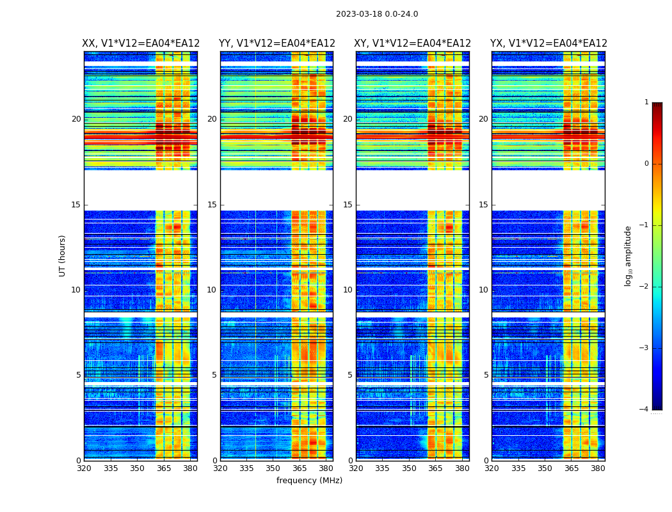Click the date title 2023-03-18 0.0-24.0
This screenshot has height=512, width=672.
pos(377,14)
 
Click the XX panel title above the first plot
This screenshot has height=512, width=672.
pos(141,44)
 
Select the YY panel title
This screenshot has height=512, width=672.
pos(276,44)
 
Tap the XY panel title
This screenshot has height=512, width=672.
pos(413,44)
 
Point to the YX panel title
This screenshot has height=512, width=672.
pos(548,44)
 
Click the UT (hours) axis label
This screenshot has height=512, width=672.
pos(63,255)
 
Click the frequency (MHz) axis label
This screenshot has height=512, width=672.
pos(309,481)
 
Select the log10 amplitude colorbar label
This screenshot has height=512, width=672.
pos(628,255)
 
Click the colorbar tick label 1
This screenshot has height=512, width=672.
pos(646,102)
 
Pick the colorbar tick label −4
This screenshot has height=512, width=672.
pos(644,410)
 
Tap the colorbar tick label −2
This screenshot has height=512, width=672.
pos(644,287)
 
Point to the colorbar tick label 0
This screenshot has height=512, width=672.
pos(646,164)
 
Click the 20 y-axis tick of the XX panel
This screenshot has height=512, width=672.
pos(76,119)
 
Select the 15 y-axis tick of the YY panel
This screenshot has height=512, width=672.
pos(212,205)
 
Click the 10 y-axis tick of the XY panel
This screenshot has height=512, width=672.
pos(348,290)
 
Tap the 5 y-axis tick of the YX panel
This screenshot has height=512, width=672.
pos(486,375)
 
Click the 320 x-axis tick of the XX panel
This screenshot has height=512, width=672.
pos(84,468)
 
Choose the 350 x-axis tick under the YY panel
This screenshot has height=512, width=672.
pos(273,468)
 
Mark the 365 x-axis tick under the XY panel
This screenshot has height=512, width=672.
pos(435,468)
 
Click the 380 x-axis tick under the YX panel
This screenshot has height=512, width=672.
pos(598,468)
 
